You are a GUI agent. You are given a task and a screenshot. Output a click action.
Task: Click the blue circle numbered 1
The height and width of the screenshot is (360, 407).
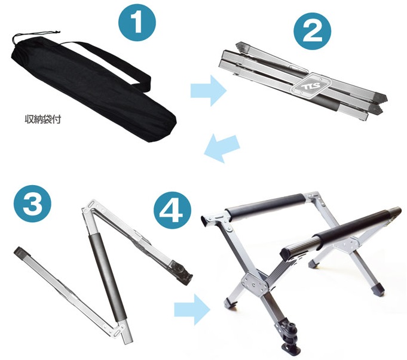(x=137, y=22)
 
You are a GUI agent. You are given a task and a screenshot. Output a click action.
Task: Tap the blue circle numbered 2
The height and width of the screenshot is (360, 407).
(x=312, y=31)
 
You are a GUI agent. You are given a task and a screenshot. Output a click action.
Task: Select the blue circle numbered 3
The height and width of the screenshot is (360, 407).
(x=33, y=204)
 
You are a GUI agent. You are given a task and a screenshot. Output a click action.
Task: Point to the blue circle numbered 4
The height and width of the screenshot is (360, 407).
(x=172, y=210)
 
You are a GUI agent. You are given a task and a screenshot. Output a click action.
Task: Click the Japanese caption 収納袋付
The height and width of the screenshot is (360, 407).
(x=43, y=119)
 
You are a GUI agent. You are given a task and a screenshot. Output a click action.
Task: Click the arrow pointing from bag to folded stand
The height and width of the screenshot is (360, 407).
(x=209, y=91)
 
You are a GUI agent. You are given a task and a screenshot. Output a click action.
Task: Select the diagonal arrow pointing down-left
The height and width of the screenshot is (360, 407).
(x=222, y=149)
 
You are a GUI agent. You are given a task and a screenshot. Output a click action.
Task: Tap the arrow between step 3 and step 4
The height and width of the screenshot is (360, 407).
(x=192, y=309)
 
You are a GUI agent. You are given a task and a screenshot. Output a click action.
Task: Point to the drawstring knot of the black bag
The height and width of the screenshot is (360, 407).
(x=56, y=32)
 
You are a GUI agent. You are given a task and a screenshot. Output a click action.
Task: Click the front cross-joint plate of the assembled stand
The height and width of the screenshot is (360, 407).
(x=255, y=284)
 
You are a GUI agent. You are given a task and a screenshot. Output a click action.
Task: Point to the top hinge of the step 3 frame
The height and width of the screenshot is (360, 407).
(x=90, y=206)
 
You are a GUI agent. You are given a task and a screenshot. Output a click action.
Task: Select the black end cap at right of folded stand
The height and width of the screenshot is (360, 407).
(x=380, y=99)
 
